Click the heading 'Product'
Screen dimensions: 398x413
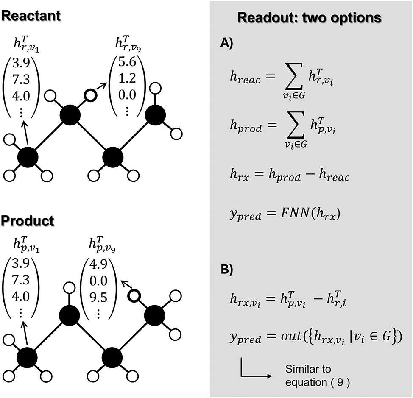point(27,221)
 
